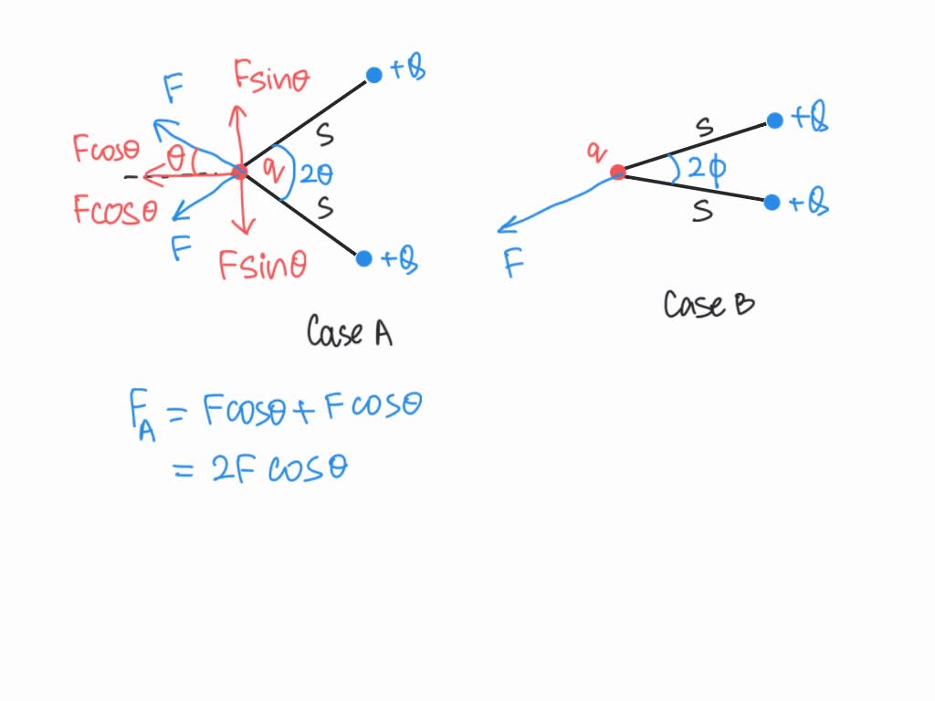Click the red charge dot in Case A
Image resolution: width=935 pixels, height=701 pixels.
[x=240, y=173]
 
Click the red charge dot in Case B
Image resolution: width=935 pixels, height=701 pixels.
[x=618, y=173]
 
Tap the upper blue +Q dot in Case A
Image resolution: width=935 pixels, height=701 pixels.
[x=373, y=75]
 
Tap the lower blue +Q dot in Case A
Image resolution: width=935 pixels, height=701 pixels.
[x=363, y=258]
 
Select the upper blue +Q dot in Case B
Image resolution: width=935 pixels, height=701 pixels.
[x=774, y=121]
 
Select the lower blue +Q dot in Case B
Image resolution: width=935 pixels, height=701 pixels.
[x=772, y=203]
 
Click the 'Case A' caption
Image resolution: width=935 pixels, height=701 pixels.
[x=350, y=331]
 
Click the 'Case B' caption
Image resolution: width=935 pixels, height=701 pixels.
[x=709, y=304]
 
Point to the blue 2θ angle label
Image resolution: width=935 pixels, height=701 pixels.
[x=316, y=174]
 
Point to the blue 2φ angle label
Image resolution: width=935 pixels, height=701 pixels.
[x=708, y=169]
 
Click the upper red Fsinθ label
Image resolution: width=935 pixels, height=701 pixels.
[x=271, y=77]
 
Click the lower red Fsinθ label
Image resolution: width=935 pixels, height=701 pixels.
[x=262, y=265]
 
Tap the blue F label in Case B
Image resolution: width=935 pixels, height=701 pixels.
[x=513, y=263]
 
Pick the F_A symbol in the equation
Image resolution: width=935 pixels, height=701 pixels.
[x=142, y=414]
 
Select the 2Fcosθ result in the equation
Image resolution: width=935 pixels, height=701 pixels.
[x=279, y=468]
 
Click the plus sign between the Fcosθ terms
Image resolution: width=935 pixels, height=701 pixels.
[x=303, y=410]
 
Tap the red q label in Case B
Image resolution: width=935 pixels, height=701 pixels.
[x=596, y=152]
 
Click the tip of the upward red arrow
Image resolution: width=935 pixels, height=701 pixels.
[x=238, y=106]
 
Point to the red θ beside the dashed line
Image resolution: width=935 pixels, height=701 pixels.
[x=176, y=159]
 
